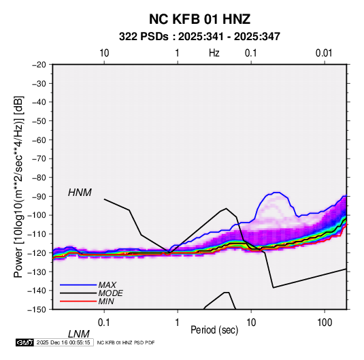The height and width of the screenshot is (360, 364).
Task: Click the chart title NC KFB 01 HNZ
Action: (x=199, y=19)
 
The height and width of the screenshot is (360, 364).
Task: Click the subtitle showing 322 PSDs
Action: (x=199, y=37)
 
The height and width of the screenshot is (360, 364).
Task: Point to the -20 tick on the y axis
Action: (x=39, y=65)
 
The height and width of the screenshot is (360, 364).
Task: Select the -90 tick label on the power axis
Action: (x=39, y=196)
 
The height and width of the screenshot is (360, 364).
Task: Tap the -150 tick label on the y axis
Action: (x=37, y=310)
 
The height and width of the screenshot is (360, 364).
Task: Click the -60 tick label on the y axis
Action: (x=39, y=140)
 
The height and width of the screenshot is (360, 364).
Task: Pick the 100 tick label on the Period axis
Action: (x=325, y=323)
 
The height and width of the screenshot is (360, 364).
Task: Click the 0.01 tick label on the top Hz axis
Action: (x=324, y=53)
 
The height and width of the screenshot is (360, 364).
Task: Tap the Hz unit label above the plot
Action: (x=214, y=53)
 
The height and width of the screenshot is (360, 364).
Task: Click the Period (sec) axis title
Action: (x=214, y=330)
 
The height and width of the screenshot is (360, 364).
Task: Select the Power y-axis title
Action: (x=18, y=187)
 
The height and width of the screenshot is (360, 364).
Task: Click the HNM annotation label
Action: (x=80, y=193)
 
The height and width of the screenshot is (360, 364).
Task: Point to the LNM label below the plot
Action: (x=79, y=334)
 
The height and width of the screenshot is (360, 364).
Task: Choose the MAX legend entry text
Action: (x=107, y=285)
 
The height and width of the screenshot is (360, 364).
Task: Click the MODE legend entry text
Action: (x=110, y=293)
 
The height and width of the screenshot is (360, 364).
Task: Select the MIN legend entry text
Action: (x=106, y=301)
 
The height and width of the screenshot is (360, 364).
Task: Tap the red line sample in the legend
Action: (x=78, y=301)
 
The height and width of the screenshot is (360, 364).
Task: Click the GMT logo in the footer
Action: (x=24, y=342)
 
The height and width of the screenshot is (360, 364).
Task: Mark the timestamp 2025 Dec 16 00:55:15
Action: (x=63, y=342)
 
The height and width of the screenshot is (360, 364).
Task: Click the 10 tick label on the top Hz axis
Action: (x=104, y=53)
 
